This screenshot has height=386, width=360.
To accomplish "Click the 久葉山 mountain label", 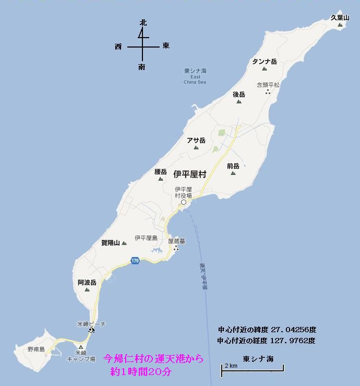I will [340, 17].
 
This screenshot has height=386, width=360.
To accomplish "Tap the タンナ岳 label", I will [265, 62].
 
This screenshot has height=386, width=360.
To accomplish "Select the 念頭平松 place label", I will [268, 84].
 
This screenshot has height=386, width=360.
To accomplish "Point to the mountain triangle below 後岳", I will [239, 102].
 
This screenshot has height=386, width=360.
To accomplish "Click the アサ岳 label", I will [196, 140].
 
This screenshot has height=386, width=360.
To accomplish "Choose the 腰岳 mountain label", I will [160, 171].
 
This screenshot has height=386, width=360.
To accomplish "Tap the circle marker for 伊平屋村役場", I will [183, 202].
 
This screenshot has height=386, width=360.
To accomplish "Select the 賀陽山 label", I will [110, 242].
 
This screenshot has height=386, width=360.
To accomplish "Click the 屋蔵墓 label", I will [176, 241].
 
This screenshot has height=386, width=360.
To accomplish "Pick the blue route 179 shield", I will [136, 261].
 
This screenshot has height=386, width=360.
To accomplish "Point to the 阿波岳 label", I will [87, 282].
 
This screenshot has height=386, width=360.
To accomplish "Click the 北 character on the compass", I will [142, 23].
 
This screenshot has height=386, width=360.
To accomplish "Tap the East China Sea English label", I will [195, 79].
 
